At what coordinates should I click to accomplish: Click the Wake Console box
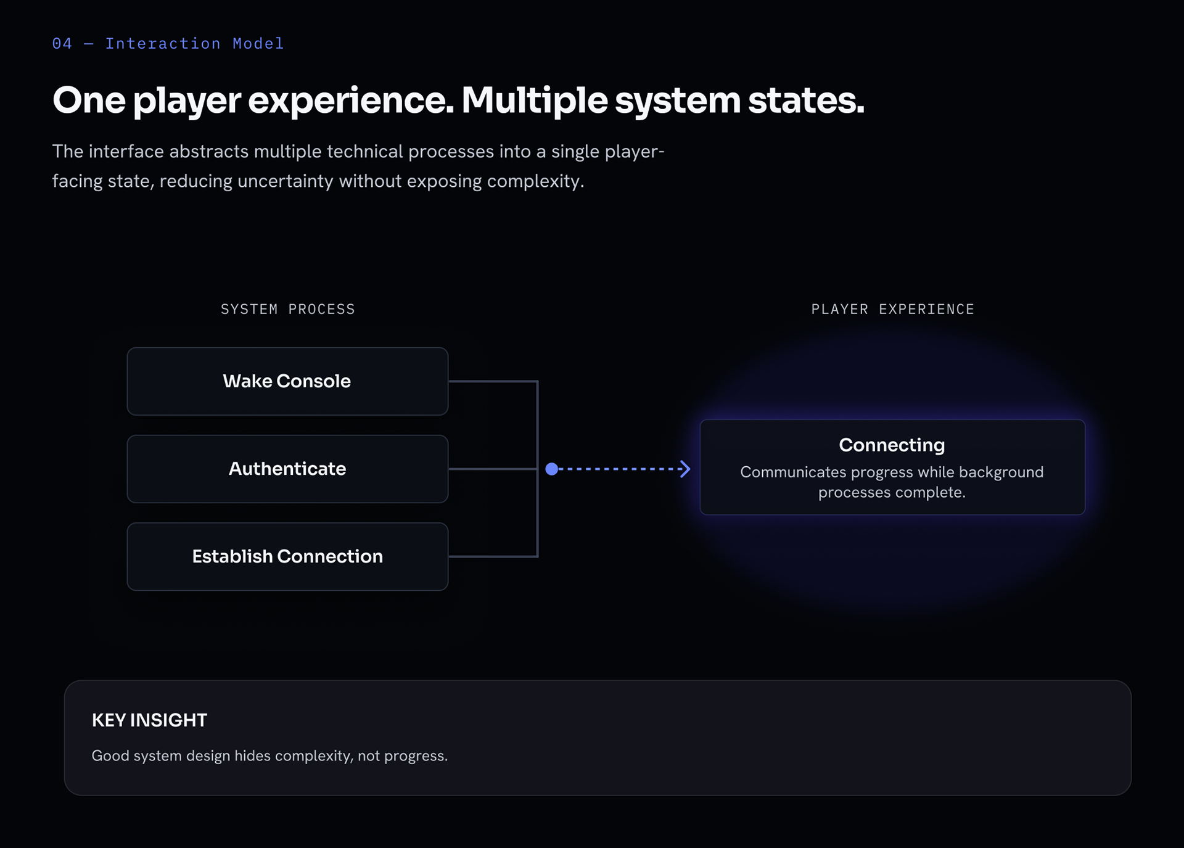[x=287, y=381]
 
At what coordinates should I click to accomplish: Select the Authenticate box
[x=287, y=469]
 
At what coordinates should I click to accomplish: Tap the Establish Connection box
[x=287, y=556]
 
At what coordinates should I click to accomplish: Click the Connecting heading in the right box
[x=892, y=445]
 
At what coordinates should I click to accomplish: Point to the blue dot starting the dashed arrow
[x=552, y=469]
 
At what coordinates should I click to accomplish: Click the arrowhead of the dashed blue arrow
[x=685, y=469]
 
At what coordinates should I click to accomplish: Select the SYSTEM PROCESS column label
[x=288, y=309]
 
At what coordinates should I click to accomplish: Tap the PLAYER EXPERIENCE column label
[x=892, y=309]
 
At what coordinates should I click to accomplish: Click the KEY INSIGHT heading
[x=149, y=720]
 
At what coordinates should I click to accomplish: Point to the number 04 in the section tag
[x=62, y=44]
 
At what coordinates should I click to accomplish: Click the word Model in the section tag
[x=258, y=44]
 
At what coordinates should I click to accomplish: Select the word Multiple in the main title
[x=535, y=101]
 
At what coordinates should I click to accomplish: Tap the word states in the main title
[x=806, y=101]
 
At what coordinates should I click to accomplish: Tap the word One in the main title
[x=89, y=101]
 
